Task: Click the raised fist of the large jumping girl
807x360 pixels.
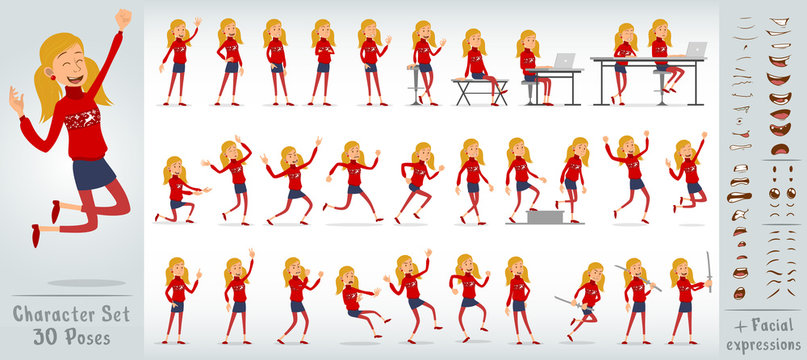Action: [x=122, y=18]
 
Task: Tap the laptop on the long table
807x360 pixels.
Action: [x=695, y=49]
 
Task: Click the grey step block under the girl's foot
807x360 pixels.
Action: [x=544, y=216]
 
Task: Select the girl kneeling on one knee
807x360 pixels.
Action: [x=177, y=190]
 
